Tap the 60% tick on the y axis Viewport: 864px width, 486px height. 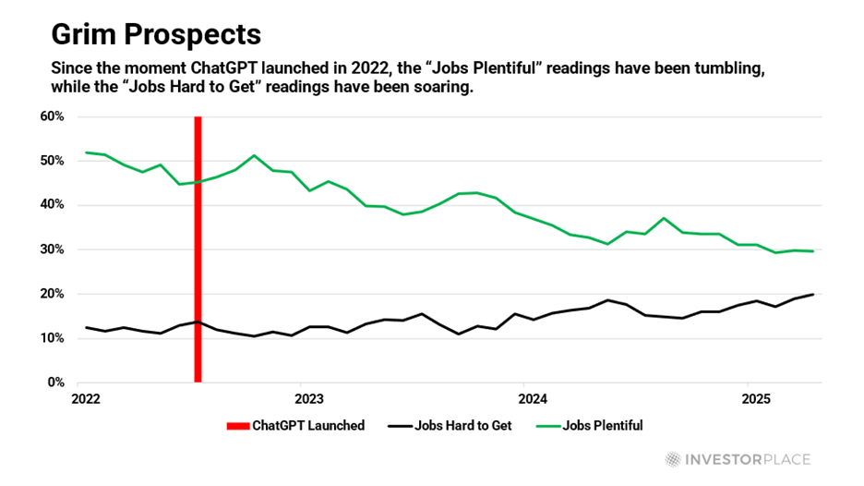51,116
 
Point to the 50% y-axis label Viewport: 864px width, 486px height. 51,161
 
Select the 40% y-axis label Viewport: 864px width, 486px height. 51,205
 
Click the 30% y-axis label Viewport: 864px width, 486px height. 51,249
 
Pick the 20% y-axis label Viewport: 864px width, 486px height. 51,294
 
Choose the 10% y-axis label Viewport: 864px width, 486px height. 51,338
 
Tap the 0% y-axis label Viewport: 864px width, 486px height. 54,383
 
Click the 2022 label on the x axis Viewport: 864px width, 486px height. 86,400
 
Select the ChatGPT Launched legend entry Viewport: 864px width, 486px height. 294,426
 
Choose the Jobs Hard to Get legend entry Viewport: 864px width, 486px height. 461,426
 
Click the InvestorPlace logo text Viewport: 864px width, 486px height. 742,459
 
